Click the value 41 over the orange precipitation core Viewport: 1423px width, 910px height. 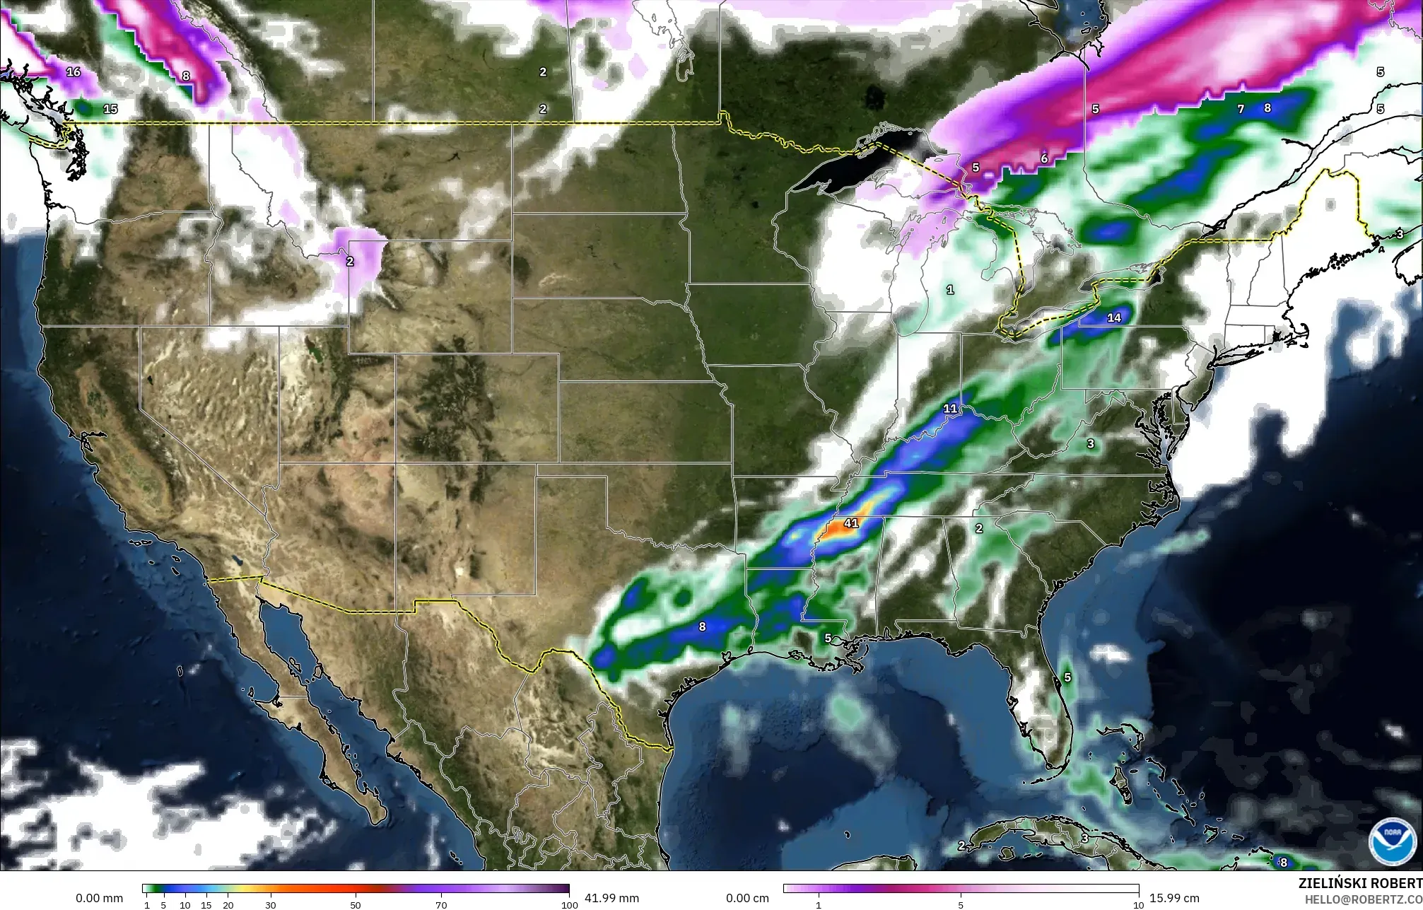(x=851, y=523)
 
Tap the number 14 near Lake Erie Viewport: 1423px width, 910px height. (x=1114, y=317)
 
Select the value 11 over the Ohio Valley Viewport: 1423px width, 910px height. (x=950, y=409)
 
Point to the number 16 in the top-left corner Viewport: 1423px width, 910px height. (x=74, y=71)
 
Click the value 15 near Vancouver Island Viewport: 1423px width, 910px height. (x=110, y=109)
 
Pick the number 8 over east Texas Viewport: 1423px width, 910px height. (x=702, y=626)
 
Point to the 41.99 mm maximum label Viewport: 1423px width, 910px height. (x=611, y=898)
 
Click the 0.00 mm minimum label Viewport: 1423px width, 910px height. (x=99, y=898)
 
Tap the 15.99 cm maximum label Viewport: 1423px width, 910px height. (x=1174, y=898)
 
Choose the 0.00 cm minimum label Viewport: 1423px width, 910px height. (x=748, y=898)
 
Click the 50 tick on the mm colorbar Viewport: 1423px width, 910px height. (x=356, y=905)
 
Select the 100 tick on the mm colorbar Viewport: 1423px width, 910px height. (x=568, y=905)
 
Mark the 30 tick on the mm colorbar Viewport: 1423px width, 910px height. (x=270, y=905)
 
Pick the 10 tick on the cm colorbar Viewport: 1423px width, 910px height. (x=1138, y=905)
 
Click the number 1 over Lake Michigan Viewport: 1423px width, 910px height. (x=950, y=290)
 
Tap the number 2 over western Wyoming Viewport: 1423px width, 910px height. (x=350, y=261)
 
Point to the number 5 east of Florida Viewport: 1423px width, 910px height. (x=1067, y=677)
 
